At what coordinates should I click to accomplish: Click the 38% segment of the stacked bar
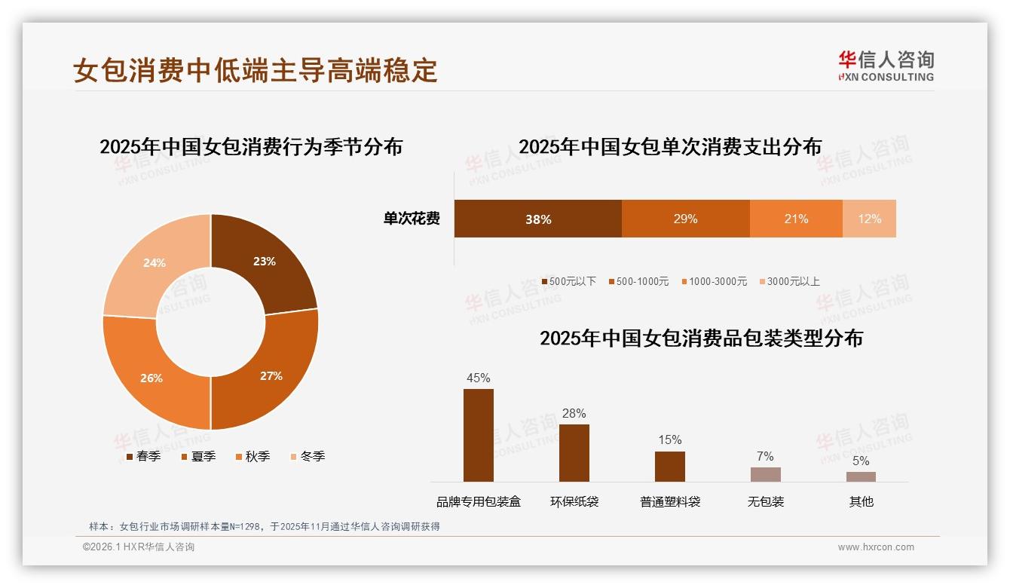[537, 219]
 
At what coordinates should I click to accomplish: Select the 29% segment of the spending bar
[685, 219]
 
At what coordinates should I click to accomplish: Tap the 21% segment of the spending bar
[796, 219]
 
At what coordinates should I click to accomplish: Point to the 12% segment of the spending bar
[869, 219]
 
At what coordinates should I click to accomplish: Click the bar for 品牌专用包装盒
[478, 435]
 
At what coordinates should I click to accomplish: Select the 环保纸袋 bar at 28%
[574, 453]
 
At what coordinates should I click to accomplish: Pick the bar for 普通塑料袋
[669, 467]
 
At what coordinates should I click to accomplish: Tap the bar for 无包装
[765, 474]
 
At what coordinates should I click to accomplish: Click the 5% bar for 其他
[861, 476]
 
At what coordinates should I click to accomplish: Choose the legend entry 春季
[143, 456]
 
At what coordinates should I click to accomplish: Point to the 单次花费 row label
[412, 219]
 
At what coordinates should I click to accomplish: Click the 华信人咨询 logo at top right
[886, 66]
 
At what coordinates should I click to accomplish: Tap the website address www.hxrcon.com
[876, 547]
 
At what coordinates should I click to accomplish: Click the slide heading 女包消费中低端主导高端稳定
[256, 70]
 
